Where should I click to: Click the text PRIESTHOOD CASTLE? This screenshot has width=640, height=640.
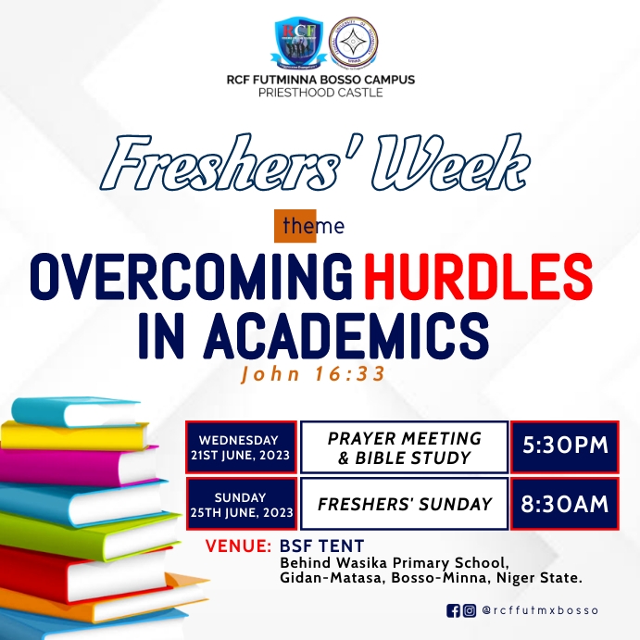tap(320, 93)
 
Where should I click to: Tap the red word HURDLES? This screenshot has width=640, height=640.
tap(477, 276)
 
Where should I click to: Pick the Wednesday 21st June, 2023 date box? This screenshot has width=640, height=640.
tap(241, 447)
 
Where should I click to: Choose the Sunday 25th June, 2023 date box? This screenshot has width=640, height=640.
tap(241, 505)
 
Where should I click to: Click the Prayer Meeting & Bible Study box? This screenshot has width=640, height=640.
tap(405, 447)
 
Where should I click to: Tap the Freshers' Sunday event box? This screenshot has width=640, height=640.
tap(405, 505)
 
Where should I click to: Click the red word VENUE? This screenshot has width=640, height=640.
tap(238, 546)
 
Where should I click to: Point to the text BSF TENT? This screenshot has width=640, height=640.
tap(321, 546)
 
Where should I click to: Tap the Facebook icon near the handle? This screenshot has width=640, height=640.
tap(453, 610)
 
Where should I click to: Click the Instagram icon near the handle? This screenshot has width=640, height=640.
tap(470, 610)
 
